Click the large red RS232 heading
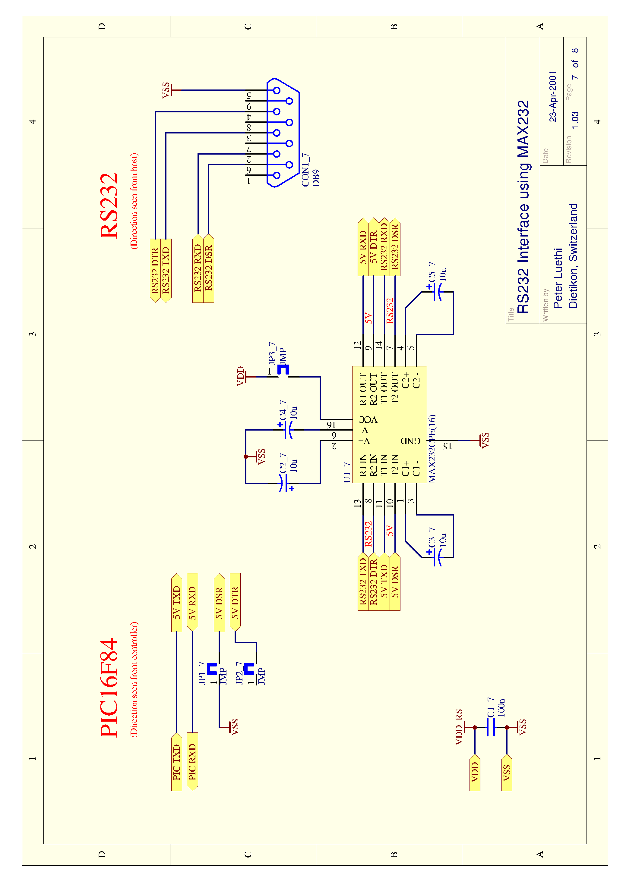pos(109,206)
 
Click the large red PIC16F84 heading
pos(109,688)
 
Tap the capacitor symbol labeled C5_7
pos(438,292)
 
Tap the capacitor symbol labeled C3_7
pos(438,557)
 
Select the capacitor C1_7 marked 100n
pos(491,727)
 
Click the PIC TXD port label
pos(177,762)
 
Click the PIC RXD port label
pos(192,762)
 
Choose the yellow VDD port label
pos(475,772)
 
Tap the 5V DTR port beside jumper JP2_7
pos(235,602)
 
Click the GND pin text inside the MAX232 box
pos(411,440)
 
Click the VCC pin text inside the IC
pos(368,419)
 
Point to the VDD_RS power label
pos(459,727)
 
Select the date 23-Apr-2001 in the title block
pos(553,96)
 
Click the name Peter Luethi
pos(558,278)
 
